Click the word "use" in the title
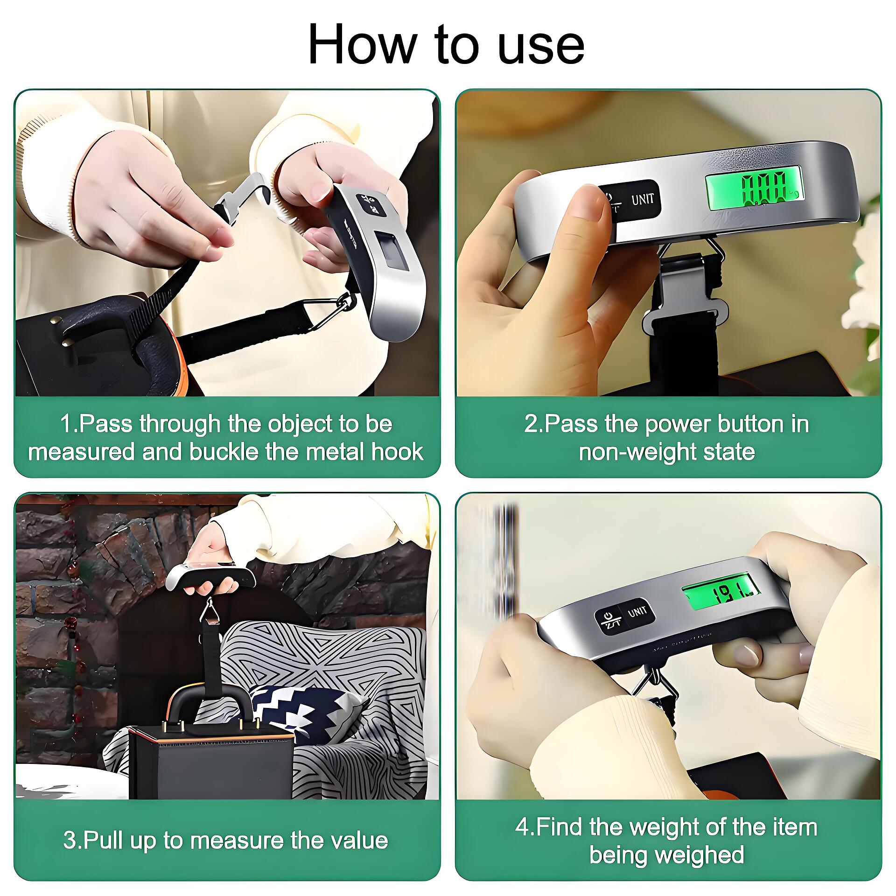pos(541,45)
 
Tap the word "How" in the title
pos(362,43)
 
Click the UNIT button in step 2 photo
pos(643,200)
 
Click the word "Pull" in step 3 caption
pos(102,840)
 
